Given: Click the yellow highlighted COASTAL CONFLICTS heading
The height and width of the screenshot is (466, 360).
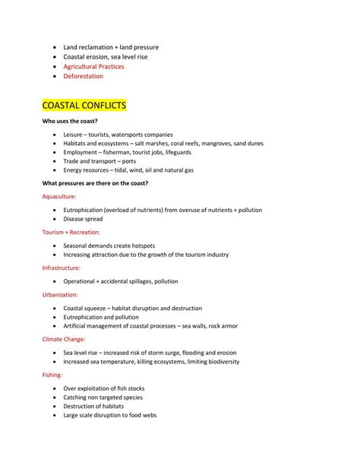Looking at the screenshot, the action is pos(84,103).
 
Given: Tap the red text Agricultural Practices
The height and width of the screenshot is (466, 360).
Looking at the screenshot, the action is pos(93,66).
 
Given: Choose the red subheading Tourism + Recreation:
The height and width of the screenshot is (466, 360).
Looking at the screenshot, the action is pos(71,232).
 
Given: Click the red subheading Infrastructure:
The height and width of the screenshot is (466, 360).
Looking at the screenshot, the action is pos(62,268).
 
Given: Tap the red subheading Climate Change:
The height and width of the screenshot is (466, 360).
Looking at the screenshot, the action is pos(64,339).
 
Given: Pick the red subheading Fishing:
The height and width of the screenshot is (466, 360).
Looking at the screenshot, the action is pos(52,375).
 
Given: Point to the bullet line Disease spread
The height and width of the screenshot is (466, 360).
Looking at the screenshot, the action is pos(83,219).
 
